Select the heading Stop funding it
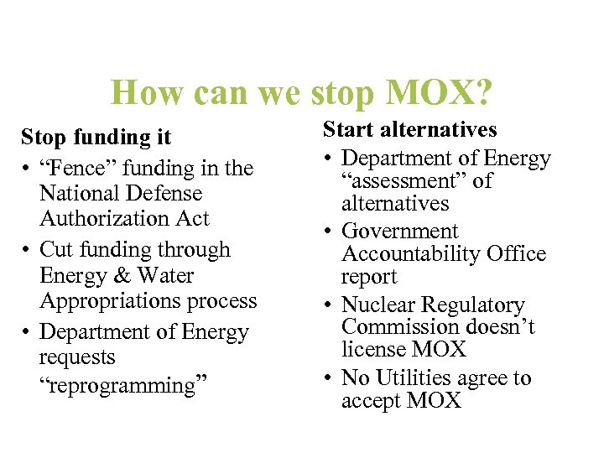point(96,136)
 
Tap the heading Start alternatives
point(410,130)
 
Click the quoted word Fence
point(76,168)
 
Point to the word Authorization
point(100,218)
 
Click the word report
point(369,276)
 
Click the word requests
point(77,357)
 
